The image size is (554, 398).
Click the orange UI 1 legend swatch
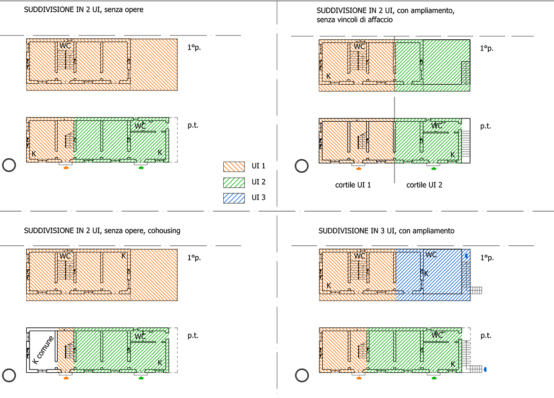(234, 166)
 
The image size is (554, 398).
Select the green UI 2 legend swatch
(234, 182)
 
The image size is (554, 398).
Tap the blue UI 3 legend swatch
(234, 198)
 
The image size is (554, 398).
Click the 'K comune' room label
(43, 350)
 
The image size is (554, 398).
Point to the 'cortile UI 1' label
(353, 185)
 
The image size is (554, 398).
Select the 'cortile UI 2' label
(424, 185)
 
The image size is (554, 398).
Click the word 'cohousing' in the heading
(164, 230)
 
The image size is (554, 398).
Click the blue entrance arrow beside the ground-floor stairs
(485, 369)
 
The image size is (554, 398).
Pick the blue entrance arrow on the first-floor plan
(467, 256)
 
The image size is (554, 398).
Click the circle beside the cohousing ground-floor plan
(9, 376)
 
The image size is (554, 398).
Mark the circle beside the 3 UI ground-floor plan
(302, 376)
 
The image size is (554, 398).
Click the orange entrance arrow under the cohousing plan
(66, 378)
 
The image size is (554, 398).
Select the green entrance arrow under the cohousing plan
(141, 378)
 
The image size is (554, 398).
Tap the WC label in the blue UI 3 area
(431, 255)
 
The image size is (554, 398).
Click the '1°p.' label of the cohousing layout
(194, 258)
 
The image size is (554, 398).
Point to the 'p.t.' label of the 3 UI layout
(486, 336)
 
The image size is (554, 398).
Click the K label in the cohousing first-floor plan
(124, 256)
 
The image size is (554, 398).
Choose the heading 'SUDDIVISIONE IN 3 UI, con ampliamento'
(386, 231)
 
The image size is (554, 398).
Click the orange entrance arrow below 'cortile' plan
(358, 169)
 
